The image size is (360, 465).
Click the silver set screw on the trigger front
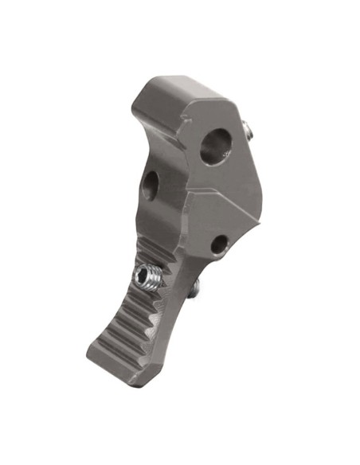point(146,277)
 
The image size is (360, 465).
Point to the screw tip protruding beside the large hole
point(250,129)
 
